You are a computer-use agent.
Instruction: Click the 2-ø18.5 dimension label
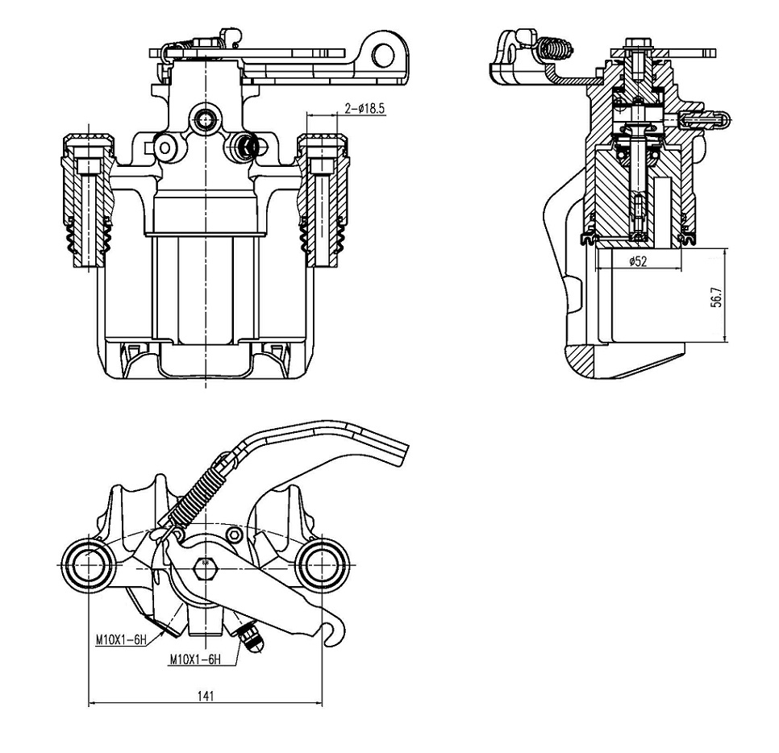pos(365,108)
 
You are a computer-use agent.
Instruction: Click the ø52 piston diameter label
pos(637,261)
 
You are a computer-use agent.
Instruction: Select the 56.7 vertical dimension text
pos(717,297)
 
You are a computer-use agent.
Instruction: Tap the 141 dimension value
pos(205,696)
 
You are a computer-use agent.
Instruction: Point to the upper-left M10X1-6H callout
pos(121,640)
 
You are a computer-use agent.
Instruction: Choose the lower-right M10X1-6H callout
pos(195,659)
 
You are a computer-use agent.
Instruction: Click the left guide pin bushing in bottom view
pos(88,566)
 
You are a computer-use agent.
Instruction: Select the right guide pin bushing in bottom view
pos(323,566)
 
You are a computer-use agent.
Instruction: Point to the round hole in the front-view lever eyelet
pos(384,55)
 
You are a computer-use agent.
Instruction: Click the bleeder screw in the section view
pos(703,119)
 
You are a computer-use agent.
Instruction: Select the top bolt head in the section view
pos(637,44)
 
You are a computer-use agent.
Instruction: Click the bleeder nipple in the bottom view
pos(252,636)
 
